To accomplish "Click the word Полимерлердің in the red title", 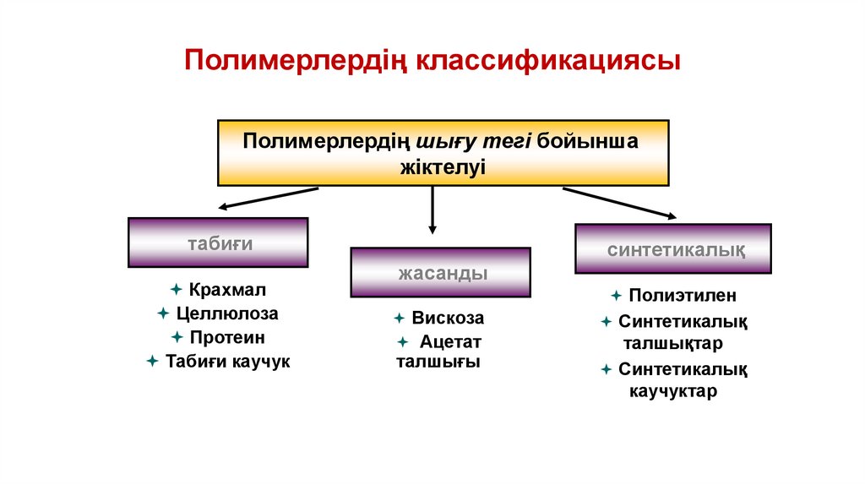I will coord(296,62).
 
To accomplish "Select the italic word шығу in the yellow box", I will coord(445,139).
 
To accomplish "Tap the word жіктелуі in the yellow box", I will coord(443,166).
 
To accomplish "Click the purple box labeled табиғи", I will coord(218,243).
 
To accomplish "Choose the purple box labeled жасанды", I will coord(440,272).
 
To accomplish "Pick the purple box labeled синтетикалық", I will coord(672,249).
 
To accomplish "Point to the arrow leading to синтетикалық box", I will coord(618,203).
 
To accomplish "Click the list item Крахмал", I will coord(227,290).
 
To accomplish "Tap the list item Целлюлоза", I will coord(227,313).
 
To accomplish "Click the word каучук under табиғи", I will coord(261,361).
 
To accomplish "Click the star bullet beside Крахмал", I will coord(176,290).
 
